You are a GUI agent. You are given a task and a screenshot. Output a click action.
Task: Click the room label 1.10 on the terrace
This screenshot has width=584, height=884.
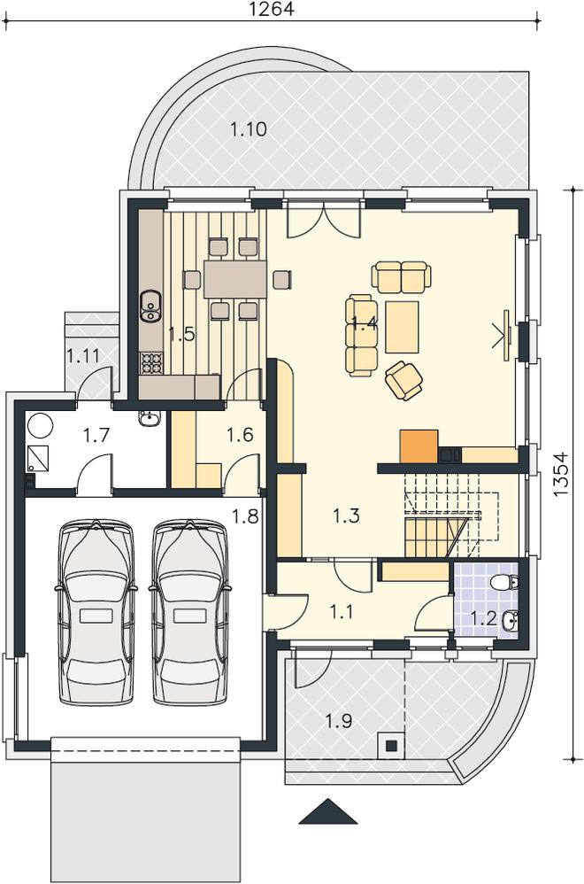click(249, 129)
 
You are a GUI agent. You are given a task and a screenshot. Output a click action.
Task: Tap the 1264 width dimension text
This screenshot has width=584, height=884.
click(272, 9)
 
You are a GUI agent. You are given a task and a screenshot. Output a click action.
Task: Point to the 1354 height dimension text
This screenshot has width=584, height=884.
click(560, 475)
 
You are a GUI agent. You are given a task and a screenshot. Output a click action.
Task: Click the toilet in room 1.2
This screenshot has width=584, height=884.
click(504, 582)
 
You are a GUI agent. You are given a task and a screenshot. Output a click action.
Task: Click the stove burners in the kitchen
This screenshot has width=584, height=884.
click(151, 363)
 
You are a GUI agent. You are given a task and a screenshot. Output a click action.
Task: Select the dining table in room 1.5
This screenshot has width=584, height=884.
click(235, 278)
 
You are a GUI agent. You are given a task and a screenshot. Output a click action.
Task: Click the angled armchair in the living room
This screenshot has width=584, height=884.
click(403, 379)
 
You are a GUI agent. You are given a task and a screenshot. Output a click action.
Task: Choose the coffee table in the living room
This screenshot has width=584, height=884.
click(402, 327)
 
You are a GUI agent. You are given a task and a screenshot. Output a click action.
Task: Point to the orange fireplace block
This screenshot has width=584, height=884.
click(419, 446)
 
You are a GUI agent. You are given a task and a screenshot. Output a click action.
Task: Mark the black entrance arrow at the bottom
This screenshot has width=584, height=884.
click(329, 813)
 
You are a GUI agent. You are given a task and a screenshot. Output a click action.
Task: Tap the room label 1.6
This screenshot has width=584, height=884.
click(240, 435)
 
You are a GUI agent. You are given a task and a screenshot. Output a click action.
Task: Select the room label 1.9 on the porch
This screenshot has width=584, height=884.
click(339, 720)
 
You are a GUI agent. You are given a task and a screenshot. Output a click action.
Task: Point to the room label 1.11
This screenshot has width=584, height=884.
click(83, 356)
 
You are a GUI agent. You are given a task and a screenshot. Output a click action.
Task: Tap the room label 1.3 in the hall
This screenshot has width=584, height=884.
click(346, 516)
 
